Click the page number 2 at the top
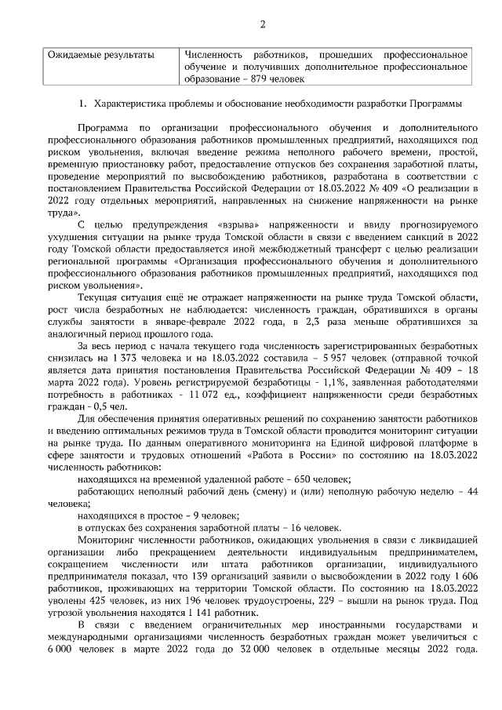click(263, 24)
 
